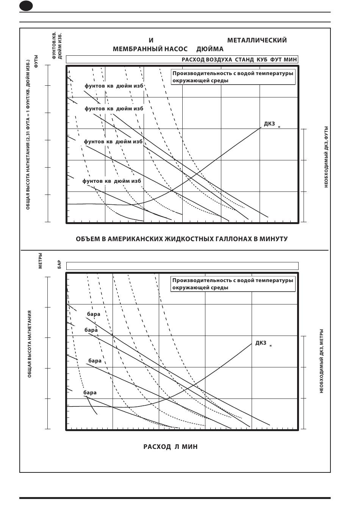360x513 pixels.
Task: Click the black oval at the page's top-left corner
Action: (26, 6)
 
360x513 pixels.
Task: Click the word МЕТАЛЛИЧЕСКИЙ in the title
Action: (257, 40)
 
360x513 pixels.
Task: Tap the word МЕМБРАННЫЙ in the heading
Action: (137, 49)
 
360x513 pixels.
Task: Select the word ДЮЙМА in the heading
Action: (210, 49)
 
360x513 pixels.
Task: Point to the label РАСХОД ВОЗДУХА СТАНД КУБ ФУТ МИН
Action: (239, 60)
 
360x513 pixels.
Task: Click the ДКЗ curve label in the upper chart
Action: (272, 124)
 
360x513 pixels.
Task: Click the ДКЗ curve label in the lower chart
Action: (263, 343)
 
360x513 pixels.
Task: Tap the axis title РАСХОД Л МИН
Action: (170, 447)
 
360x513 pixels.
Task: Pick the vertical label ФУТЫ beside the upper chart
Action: (36, 61)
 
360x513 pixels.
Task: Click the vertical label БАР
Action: (59, 264)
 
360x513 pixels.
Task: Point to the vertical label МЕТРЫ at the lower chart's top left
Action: (40, 260)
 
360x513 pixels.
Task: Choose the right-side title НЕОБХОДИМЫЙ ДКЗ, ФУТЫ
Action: (326, 157)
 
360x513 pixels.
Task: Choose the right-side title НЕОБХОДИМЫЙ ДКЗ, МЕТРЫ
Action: (321, 361)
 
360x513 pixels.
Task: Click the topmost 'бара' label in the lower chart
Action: (94, 314)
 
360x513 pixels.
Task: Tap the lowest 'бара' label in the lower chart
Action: (90, 392)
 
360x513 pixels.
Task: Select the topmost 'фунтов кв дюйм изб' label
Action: (114, 86)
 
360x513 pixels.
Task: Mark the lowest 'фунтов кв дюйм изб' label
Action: (112, 181)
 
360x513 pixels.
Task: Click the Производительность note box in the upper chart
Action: (233, 77)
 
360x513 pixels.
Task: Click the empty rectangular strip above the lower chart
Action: (182, 266)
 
